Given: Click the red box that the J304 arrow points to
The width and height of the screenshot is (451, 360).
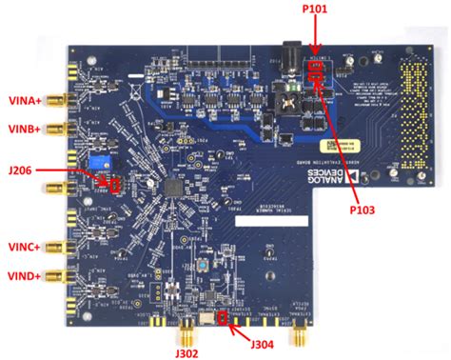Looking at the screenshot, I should click(x=225, y=317).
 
